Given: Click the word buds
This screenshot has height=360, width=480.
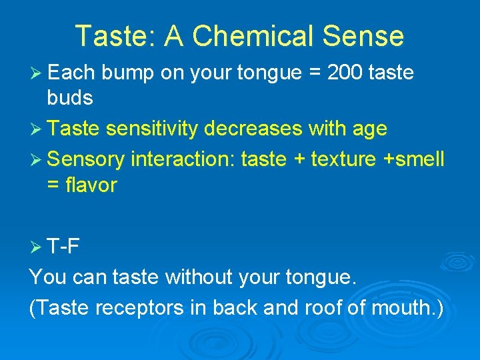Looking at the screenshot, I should pos(70,99).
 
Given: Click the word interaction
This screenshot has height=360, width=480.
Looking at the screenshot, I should pos(183,159).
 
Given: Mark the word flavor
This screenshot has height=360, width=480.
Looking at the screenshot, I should pos(91,185).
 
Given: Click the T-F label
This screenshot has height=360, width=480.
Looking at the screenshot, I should pos(64,247).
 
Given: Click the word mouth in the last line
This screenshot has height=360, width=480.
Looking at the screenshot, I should pos(405,307).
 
